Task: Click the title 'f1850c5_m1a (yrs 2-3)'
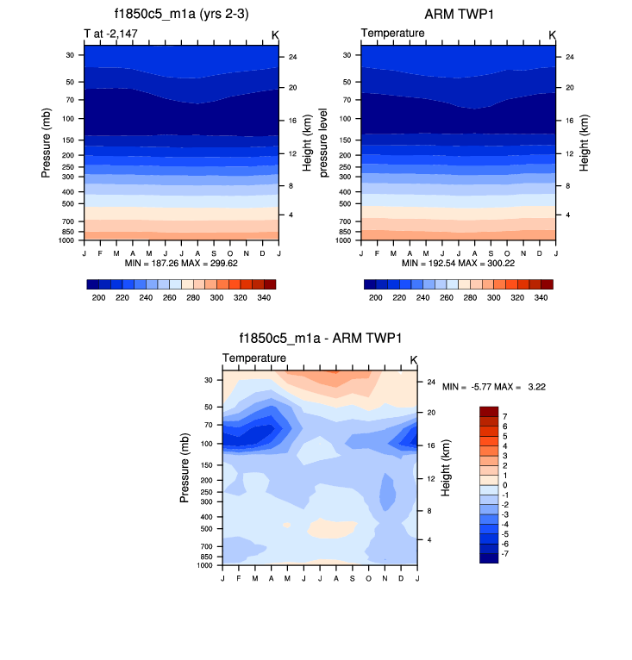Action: [x=181, y=15]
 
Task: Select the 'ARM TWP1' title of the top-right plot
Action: [x=458, y=15]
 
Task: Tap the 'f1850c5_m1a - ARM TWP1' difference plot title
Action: [x=320, y=339]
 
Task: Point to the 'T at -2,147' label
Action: [x=110, y=34]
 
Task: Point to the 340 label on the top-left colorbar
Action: [x=263, y=296]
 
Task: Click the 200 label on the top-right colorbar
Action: [x=375, y=296]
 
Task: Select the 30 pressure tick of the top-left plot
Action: [x=69, y=54]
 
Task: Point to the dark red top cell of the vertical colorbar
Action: [x=489, y=411]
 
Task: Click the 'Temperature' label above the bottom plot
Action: [x=254, y=358]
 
